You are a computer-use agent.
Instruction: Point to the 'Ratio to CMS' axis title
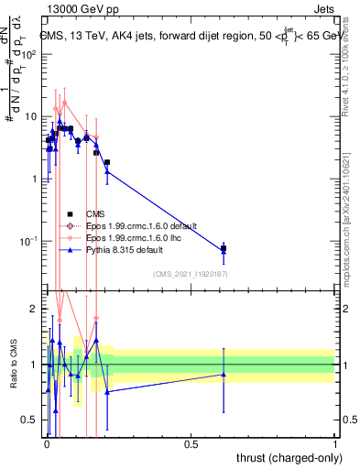pyautogui.click(x=14, y=365)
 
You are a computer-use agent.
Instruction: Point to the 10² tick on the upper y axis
pyautogui.click(x=31, y=54)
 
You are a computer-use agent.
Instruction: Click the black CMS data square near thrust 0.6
pyautogui.click(x=224, y=248)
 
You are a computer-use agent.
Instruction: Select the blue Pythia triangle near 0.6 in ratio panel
pyautogui.click(x=224, y=374)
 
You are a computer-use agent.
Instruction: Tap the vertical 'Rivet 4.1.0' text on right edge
pyautogui.click(x=352, y=64)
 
